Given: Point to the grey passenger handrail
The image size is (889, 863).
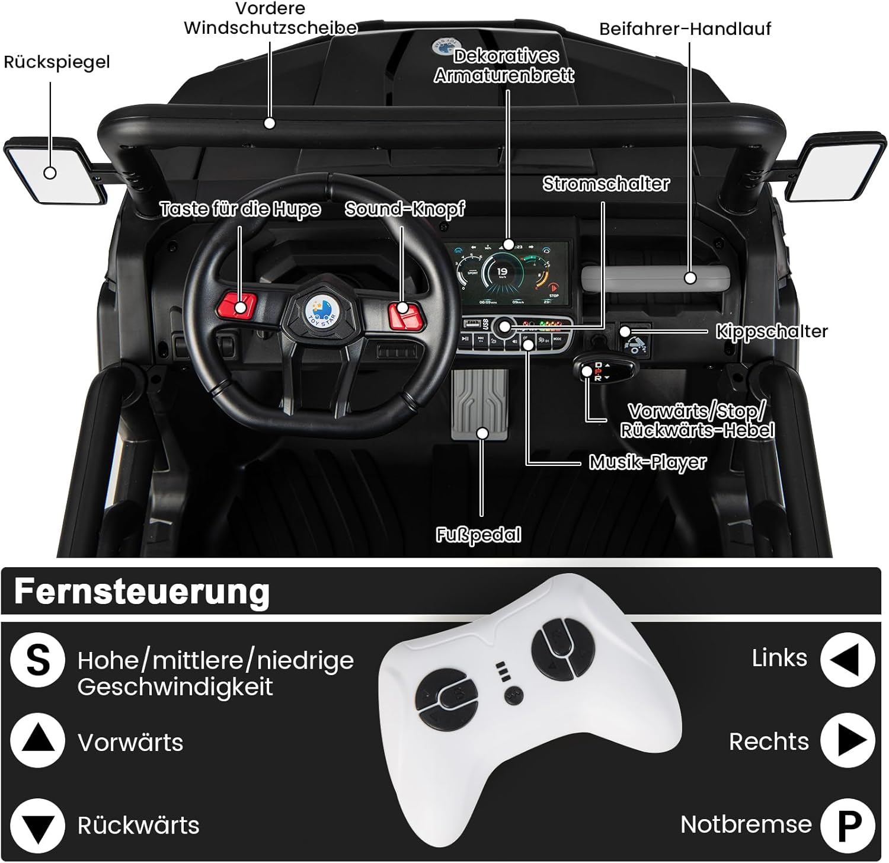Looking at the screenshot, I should click(x=655, y=278).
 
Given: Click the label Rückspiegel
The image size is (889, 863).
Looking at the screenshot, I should click(x=57, y=62).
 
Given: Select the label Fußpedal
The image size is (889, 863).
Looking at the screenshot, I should click(x=478, y=535).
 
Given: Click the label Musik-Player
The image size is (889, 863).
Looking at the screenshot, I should click(x=647, y=462).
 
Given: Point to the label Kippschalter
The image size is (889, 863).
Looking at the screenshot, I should click(x=771, y=331).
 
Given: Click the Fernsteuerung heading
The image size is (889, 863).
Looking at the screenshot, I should click(x=142, y=591).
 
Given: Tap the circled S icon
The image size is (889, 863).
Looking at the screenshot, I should click(x=38, y=660).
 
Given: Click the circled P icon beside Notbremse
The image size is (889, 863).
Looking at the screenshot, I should click(x=848, y=824).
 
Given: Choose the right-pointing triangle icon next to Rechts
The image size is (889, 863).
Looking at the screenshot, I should click(x=848, y=741).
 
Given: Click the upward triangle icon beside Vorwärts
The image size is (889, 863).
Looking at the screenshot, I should click(x=38, y=741).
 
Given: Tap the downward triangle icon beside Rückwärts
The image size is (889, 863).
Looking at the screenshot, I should click(x=38, y=826).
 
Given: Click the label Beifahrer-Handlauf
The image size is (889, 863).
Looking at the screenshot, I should click(x=685, y=29).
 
